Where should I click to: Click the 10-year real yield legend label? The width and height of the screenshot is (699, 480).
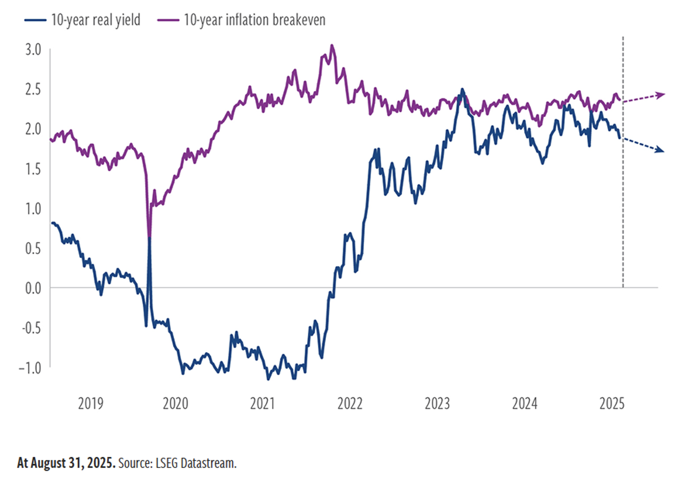coord(95,20)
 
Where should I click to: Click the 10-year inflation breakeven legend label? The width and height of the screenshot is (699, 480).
coord(254,20)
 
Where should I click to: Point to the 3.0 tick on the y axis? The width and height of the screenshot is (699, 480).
coord(33,50)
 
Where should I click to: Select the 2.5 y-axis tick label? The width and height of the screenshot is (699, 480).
coord(33,89)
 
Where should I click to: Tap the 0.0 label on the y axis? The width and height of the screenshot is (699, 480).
coord(33,288)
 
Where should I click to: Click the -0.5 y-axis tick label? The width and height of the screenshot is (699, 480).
coord(32,328)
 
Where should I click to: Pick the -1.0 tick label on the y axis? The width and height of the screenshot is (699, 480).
coord(30,368)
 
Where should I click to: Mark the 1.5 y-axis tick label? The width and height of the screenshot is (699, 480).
coord(33,169)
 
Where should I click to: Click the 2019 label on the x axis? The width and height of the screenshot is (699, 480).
coord(90,404)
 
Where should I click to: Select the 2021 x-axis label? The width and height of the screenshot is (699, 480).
coord(262,404)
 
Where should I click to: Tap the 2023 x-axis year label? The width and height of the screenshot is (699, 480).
coord(437,404)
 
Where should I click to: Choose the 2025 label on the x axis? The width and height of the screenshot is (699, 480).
coord(612,404)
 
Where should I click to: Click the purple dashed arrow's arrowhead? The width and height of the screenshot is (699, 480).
coord(662,95)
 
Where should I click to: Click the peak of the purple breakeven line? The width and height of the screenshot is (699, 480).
coord(332,45)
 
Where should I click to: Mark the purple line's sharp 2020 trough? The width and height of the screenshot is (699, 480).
coord(149,236)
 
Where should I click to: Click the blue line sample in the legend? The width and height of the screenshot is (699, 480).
coord(35,20)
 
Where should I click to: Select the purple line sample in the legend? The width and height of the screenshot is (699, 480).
coord(168,20)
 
